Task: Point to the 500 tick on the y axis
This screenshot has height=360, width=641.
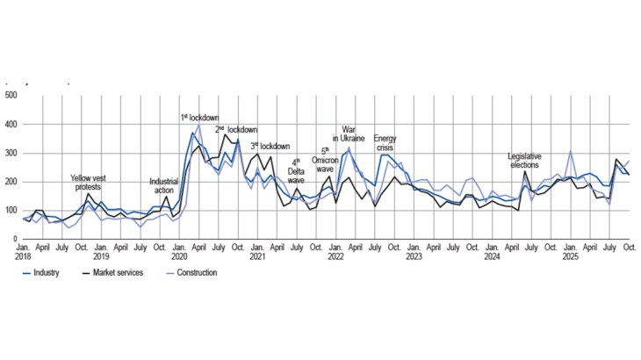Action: [x=11, y=95]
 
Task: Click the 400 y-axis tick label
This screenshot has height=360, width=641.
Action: [x=11, y=124]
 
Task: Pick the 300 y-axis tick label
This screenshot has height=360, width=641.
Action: [x=11, y=154]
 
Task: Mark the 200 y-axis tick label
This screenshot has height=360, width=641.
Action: [x=11, y=183]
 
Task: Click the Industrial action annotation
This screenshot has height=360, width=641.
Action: [x=164, y=186]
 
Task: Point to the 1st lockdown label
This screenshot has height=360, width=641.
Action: [x=199, y=117]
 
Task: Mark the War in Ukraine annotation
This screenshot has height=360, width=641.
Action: [x=348, y=137]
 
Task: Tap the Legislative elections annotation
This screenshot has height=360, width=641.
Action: [x=526, y=161]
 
